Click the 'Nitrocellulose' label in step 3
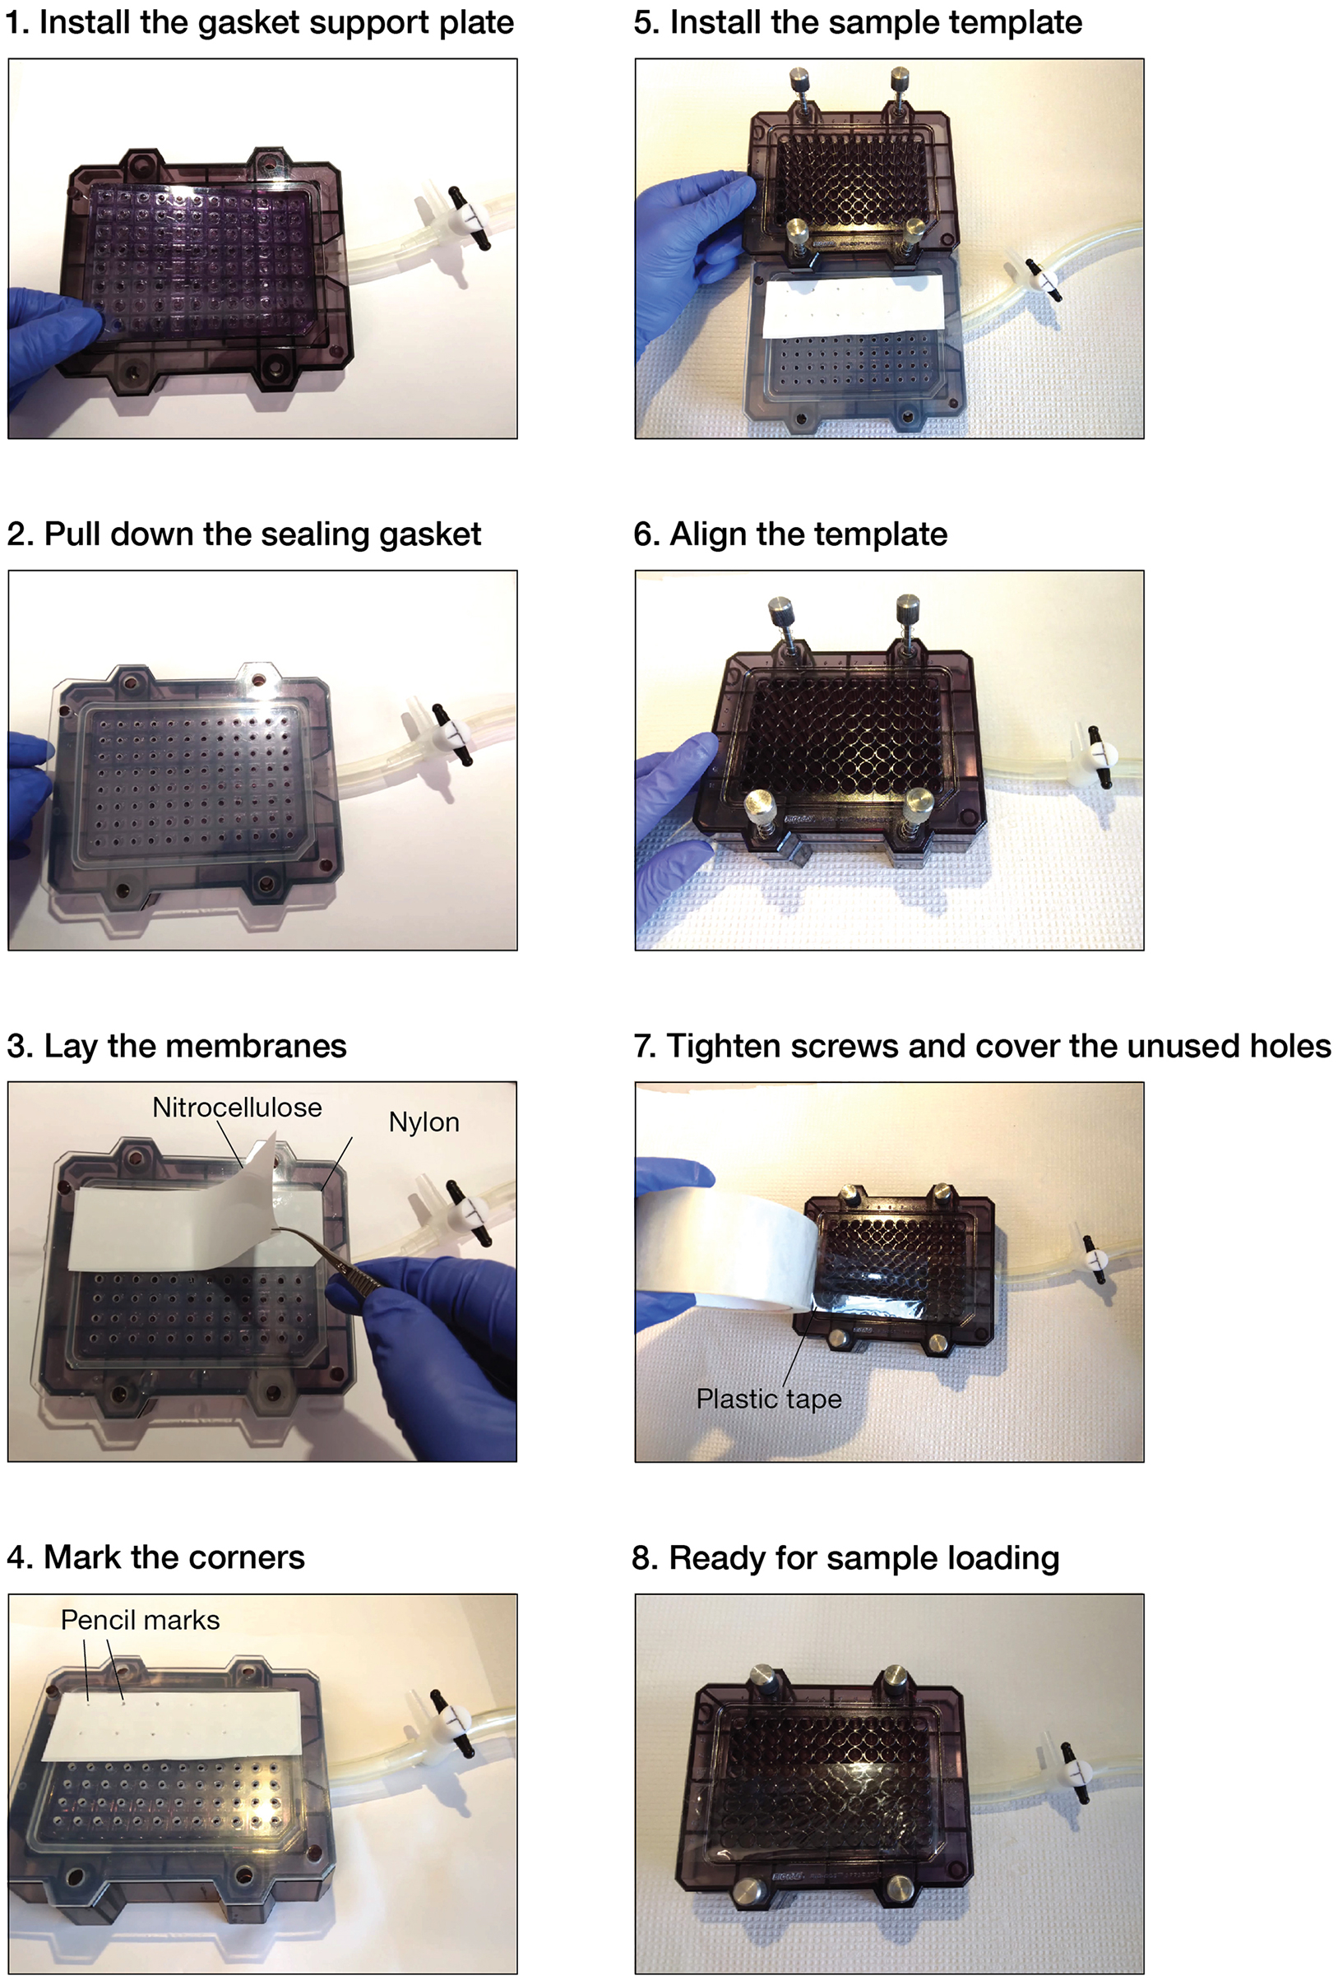click(237, 1107)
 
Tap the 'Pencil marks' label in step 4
click(140, 1619)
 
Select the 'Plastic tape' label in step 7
click(768, 1398)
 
